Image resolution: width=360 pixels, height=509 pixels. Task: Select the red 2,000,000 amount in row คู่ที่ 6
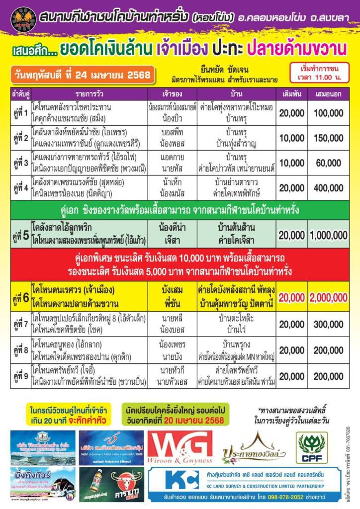[x=328, y=297]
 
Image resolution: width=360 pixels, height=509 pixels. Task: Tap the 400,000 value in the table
[x=328, y=188]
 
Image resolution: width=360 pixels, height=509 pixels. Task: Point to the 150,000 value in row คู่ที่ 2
[x=328, y=138]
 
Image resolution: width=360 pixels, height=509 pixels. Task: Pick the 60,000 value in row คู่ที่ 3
[x=328, y=163]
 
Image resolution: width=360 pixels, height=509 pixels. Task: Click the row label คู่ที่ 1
[x=20, y=113]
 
